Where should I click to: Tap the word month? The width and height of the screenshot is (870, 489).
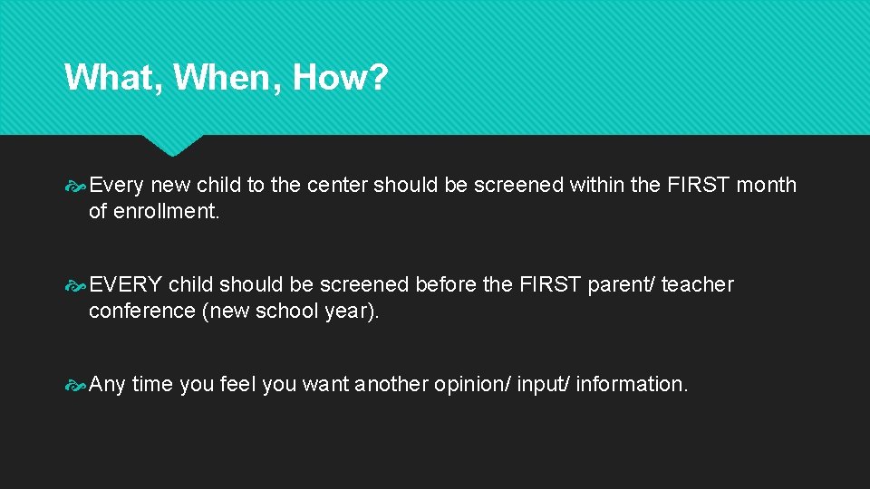tap(766, 186)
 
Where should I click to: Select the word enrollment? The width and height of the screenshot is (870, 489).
tap(167, 212)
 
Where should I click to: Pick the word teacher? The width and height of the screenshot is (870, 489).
tap(697, 285)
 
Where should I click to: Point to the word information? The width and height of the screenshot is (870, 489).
tap(632, 385)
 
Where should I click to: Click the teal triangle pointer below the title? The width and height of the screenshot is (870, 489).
tap(173, 145)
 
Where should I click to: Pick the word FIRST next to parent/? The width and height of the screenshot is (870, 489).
tap(551, 285)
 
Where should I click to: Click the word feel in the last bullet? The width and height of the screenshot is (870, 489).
tap(238, 385)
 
